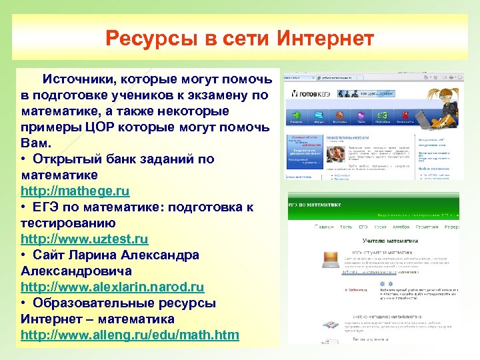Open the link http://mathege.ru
[75, 191]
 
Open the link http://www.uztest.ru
[84, 239]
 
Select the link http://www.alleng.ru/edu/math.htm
[129, 335]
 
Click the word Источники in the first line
[79, 79]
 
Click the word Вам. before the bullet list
[36, 143]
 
